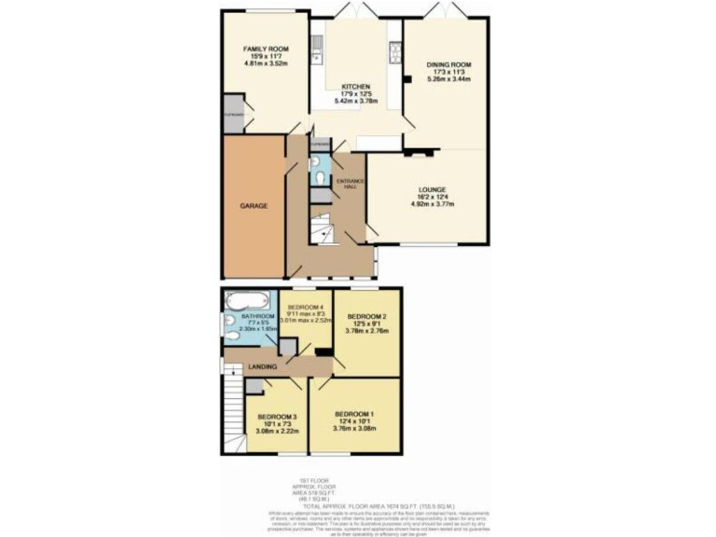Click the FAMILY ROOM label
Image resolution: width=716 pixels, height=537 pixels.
[x=266, y=48]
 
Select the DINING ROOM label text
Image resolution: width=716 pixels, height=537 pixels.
[x=445, y=63]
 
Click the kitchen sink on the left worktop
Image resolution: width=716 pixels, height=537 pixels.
[x=317, y=44]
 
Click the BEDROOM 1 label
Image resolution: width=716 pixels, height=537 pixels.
[x=355, y=414]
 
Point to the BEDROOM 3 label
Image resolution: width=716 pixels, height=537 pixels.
[x=277, y=416]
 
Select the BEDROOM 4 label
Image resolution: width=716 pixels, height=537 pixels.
[x=306, y=308]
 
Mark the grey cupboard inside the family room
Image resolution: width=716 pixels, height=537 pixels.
[x=233, y=113]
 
